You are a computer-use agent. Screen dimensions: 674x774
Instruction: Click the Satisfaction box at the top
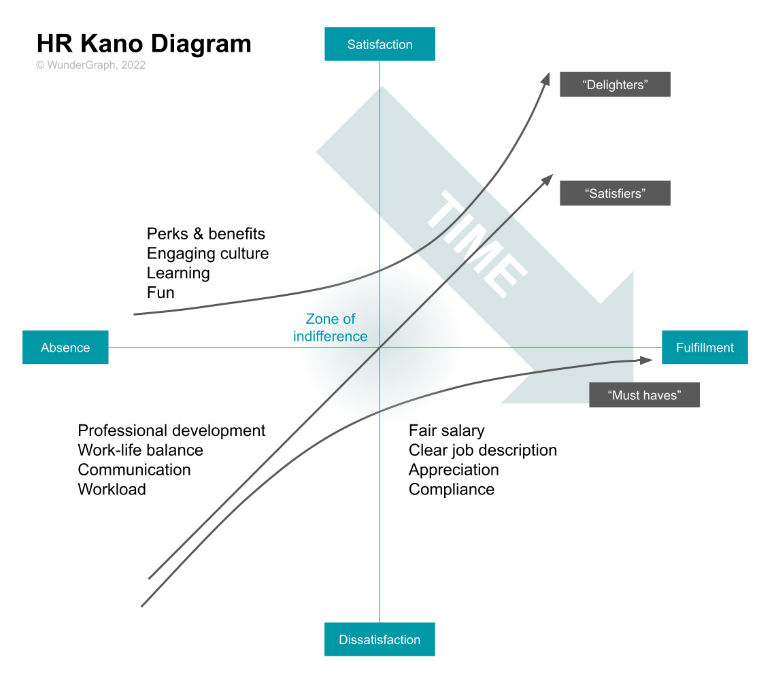click(380, 44)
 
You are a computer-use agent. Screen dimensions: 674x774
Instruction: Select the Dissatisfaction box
click(380, 639)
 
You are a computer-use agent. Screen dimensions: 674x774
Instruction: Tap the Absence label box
click(65, 348)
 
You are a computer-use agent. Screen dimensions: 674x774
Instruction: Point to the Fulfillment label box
click(705, 348)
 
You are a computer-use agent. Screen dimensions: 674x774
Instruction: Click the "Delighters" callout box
click(615, 84)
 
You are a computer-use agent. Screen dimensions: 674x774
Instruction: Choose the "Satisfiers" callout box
click(615, 193)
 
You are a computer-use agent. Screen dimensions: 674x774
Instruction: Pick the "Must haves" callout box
click(644, 395)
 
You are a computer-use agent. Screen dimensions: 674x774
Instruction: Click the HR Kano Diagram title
click(144, 44)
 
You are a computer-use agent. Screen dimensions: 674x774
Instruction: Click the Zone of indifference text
click(331, 327)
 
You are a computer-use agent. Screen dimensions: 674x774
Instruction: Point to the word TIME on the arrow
click(476, 245)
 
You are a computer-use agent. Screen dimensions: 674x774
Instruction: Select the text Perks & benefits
click(206, 234)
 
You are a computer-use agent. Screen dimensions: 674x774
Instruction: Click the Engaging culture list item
click(207, 254)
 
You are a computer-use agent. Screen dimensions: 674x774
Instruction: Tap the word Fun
click(161, 293)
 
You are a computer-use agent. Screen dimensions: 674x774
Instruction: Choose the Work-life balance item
click(140, 450)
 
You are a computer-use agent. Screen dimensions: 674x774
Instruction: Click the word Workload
click(112, 490)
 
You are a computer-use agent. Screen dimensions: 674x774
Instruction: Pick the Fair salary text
click(446, 431)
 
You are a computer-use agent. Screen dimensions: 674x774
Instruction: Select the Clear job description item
click(482, 450)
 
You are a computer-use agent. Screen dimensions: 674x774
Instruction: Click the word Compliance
click(451, 490)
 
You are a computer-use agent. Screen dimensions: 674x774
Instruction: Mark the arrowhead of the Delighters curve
click(546, 77)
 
